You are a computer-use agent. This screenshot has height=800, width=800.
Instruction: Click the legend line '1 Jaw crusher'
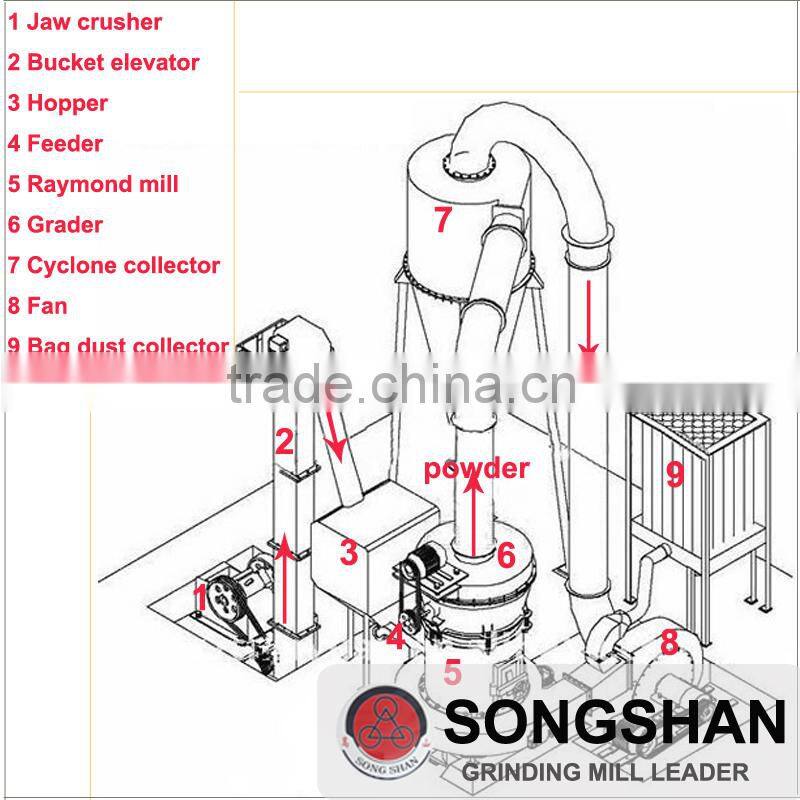pos(85,21)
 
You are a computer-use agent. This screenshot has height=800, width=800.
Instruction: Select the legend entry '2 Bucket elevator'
pos(103,62)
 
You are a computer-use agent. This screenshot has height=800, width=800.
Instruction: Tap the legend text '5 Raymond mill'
pos(93,184)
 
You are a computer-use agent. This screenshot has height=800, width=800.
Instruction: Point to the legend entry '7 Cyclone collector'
pos(113,265)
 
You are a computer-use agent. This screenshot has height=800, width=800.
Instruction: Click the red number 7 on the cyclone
pos(443,220)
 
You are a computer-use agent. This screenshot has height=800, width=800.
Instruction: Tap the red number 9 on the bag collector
pos(675,473)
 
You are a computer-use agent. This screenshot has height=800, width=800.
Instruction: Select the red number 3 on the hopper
pos(348,552)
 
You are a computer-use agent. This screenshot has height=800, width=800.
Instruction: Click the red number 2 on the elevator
pos(285,441)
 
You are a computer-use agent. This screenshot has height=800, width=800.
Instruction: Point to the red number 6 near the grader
pos(506,553)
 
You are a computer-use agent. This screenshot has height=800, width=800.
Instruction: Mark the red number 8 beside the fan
pos(668,641)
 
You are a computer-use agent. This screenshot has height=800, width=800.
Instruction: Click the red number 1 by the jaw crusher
pos(200,598)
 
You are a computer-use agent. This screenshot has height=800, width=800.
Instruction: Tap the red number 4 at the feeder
pos(397,634)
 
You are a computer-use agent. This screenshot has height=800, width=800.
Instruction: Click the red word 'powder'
pos(476,468)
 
